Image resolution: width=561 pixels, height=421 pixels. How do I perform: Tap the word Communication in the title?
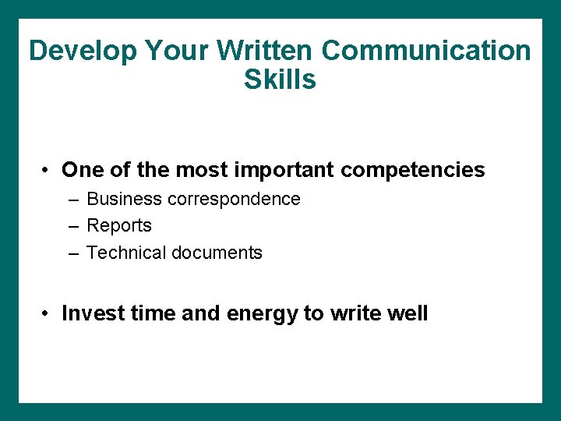[426, 51]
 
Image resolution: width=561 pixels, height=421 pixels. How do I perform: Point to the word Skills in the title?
[280, 80]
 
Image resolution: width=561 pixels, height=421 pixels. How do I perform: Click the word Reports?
[119, 226]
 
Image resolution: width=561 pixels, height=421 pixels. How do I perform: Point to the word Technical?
[126, 253]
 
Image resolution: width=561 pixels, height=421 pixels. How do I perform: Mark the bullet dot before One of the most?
[48, 171]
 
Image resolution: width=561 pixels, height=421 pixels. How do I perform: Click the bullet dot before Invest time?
[48, 314]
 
